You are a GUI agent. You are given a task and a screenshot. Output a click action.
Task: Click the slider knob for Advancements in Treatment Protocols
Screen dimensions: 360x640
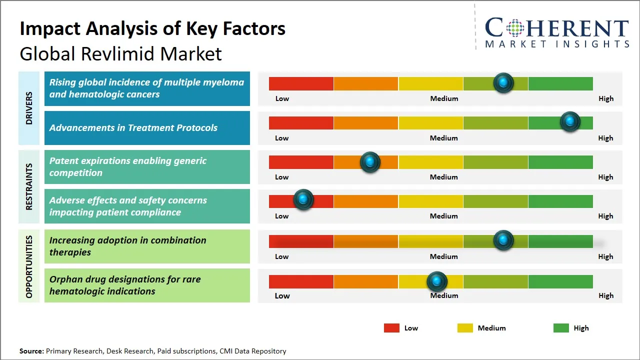(569, 121)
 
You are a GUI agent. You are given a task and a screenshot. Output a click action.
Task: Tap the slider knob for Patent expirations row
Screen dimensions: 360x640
(370, 161)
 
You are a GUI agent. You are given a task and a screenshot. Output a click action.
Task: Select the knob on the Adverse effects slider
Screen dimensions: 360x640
(303, 199)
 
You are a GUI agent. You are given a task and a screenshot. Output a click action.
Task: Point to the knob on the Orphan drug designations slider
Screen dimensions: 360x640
(437, 281)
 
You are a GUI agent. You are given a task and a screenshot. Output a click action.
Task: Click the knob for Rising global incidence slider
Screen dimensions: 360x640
(503, 82)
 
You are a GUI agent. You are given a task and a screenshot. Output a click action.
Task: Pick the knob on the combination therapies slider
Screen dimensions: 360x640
(503, 240)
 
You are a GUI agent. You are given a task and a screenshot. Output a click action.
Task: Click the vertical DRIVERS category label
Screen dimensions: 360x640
(29, 108)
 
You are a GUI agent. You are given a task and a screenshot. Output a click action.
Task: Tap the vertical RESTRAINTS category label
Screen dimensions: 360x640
(29, 186)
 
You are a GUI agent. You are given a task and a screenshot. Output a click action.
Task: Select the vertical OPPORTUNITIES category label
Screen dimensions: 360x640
(29, 266)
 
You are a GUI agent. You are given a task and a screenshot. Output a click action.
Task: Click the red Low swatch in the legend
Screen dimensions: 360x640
(391, 328)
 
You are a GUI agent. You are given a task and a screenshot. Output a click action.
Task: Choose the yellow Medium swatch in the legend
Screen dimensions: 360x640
(465, 328)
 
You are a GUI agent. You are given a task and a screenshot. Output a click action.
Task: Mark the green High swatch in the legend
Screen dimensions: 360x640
(561, 328)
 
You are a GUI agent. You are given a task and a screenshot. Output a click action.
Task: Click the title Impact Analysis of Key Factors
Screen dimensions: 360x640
(152, 29)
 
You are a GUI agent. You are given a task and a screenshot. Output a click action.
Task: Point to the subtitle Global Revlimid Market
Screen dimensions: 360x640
(120, 53)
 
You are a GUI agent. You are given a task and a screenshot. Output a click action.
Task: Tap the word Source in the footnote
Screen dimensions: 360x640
(31, 351)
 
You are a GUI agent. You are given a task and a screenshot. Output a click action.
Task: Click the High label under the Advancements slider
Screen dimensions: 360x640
(605, 138)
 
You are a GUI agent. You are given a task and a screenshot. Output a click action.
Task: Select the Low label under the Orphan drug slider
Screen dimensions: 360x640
(282, 295)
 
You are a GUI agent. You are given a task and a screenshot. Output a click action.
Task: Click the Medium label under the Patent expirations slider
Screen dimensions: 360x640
(444, 177)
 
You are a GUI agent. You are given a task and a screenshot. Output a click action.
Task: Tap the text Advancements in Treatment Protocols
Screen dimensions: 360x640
(133, 127)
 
